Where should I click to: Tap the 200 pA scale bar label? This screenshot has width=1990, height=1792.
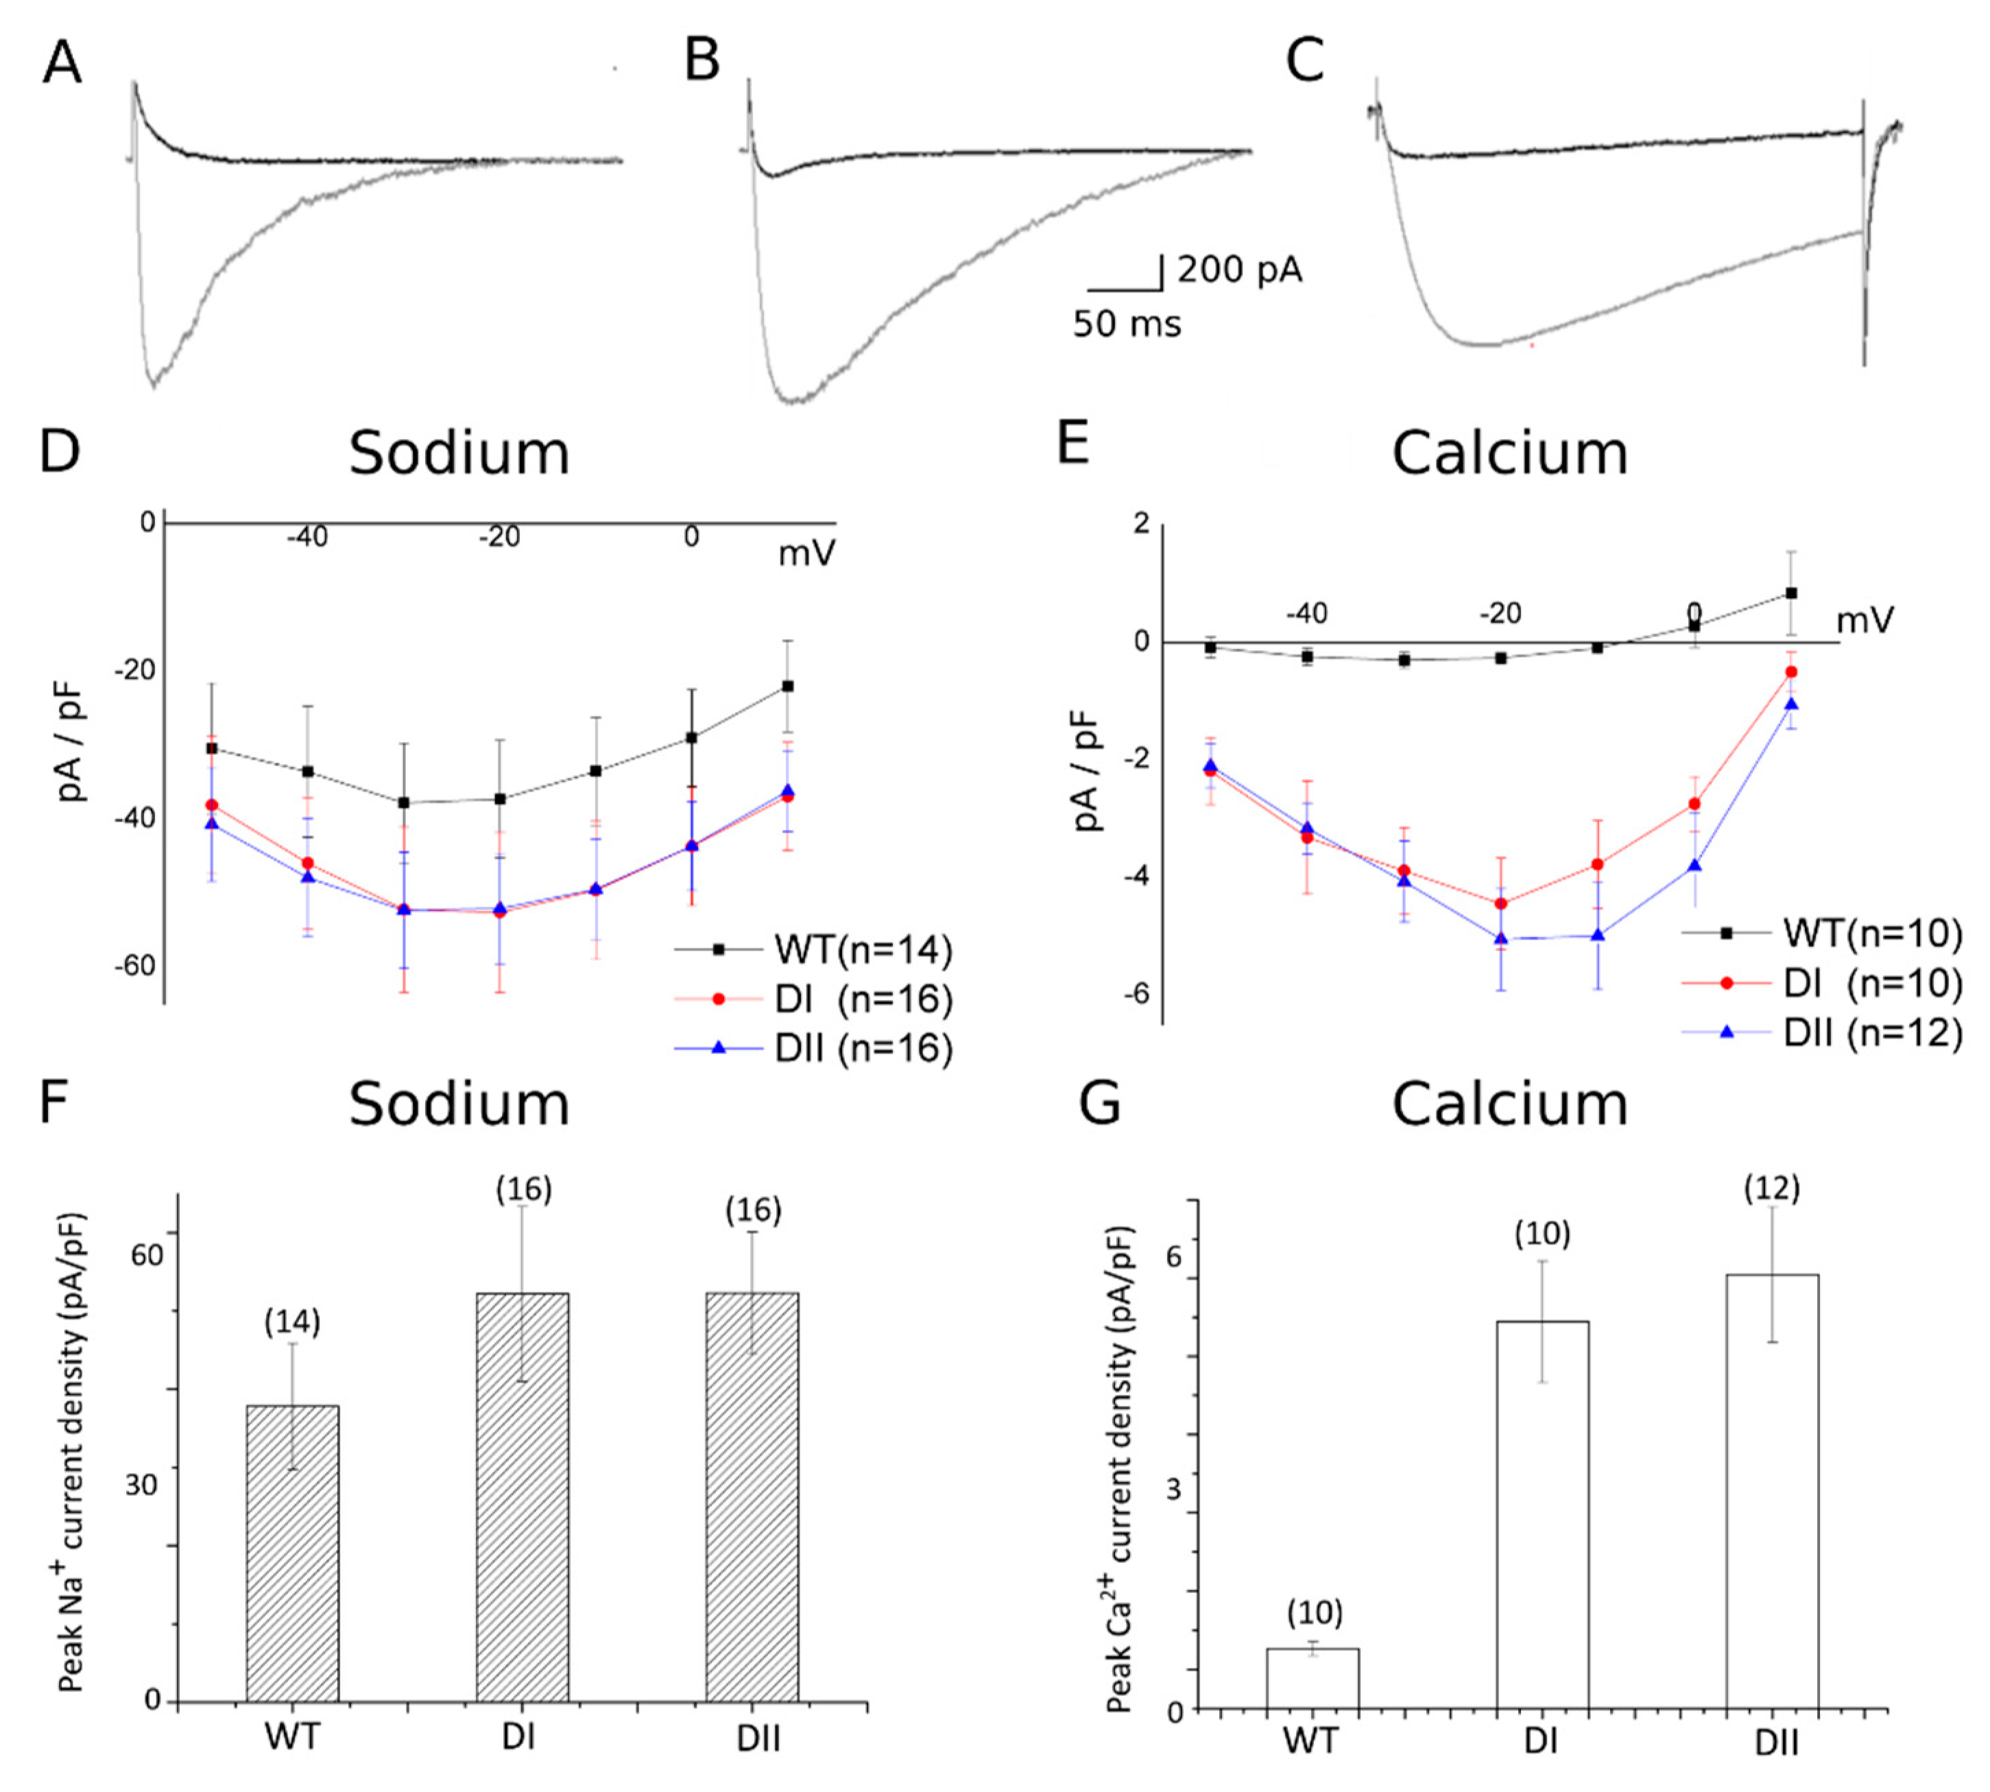tap(1240, 269)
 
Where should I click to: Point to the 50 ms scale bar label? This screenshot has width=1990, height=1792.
tap(1127, 323)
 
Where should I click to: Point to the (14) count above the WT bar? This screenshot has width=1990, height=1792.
tap(292, 1324)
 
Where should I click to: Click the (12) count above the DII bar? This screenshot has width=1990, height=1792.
tap(1771, 1189)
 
